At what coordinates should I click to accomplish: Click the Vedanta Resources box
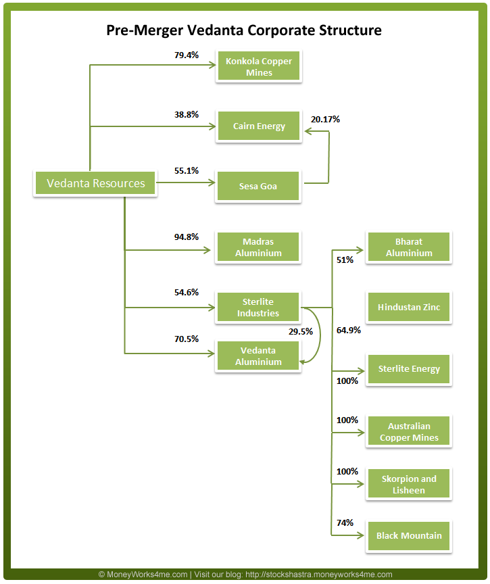(95, 183)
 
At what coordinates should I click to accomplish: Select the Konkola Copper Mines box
(259, 67)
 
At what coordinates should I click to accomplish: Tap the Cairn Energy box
(259, 126)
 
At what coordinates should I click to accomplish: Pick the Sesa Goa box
(258, 186)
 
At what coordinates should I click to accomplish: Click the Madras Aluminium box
(258, 247)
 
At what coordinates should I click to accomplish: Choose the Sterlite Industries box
(258, 308)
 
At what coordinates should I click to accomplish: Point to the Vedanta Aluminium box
(258, 356)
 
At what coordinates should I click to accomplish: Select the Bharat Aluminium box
(409, 247)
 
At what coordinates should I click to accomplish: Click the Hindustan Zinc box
(409, 308)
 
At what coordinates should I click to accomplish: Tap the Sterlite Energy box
(409, 369)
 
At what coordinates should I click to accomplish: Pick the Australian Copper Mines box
(409, 432)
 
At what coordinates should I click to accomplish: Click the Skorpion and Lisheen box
(409, 485)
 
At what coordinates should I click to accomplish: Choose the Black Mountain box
(409, 536)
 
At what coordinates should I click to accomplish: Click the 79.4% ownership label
(187, 55)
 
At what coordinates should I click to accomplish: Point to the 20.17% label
(325, 120)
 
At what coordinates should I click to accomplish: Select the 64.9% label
(348, 331)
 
